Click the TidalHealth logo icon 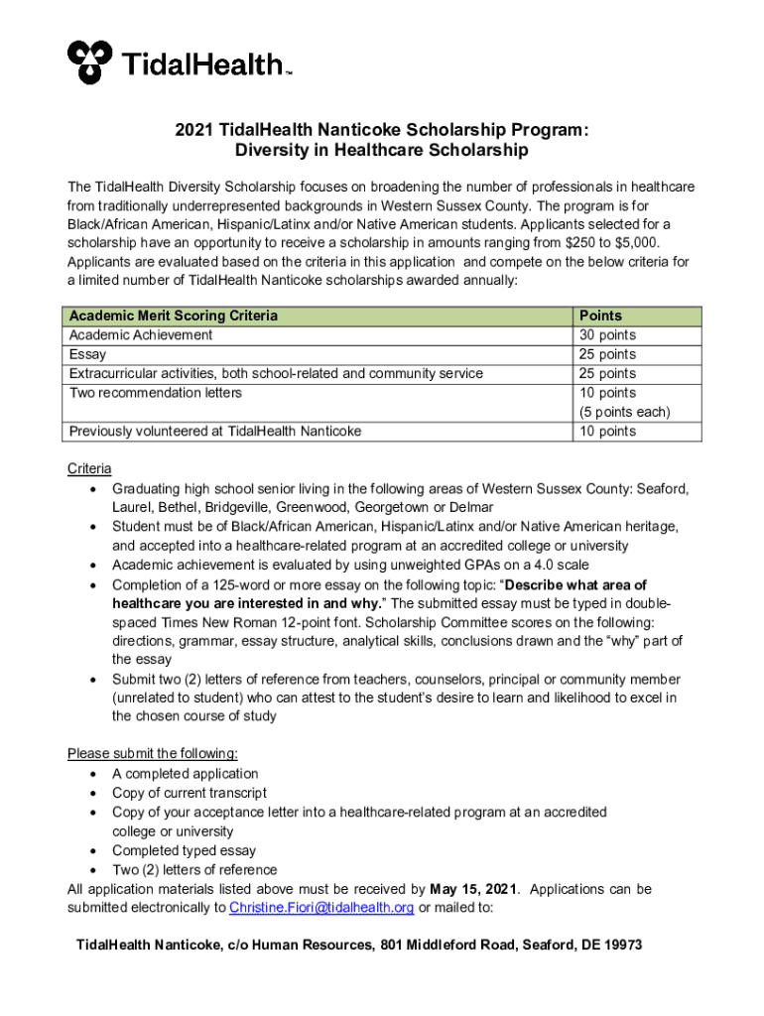(x=90, y=63)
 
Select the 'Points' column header (x=600, y=316)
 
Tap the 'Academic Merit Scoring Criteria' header (x=173, y=316)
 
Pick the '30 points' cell (x=607, y=335)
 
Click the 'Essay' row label (x=87, y=354)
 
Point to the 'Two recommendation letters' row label (x=155, y=393)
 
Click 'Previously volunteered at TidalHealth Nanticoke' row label (x=214, y=432)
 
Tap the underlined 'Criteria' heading (x=89, y=468)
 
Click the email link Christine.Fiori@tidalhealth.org (x=321, y=908)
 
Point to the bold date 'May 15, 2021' (x=474, y=889)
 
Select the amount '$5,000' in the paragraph (x=634, y=243)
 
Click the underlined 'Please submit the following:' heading (x=152, y=754)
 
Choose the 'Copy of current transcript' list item (x=189, y=793)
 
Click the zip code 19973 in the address (x=621, y=946)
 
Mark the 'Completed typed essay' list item (x=184, y=851)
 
